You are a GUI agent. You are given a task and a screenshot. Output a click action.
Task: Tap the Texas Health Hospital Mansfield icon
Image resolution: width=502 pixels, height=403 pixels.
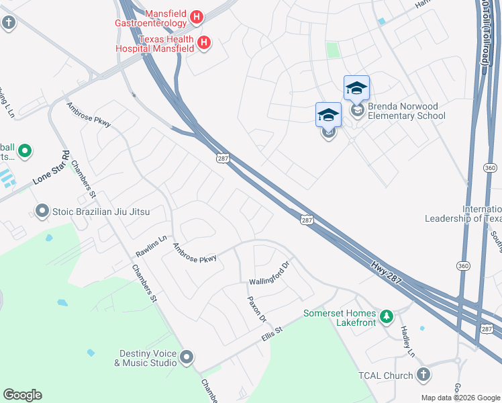[x=205, y=44]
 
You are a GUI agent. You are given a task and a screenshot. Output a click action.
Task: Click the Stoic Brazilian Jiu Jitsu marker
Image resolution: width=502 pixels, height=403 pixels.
[x=42, y=212]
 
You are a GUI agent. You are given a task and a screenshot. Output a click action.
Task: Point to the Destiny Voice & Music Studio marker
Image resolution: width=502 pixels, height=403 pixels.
[x=187, y=357]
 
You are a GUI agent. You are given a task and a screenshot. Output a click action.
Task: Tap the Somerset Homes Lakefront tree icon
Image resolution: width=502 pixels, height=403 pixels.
[x=386, y=316]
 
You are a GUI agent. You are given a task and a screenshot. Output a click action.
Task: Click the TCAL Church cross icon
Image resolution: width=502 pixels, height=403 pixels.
[x=423, y=375]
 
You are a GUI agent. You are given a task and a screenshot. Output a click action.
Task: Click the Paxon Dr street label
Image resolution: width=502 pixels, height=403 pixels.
[x=257, y=308]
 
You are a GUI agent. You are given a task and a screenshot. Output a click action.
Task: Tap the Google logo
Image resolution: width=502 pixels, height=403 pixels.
[x=22, y=395]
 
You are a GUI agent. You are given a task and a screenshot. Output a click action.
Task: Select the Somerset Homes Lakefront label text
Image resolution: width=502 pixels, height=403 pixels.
[x=340, y=318]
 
